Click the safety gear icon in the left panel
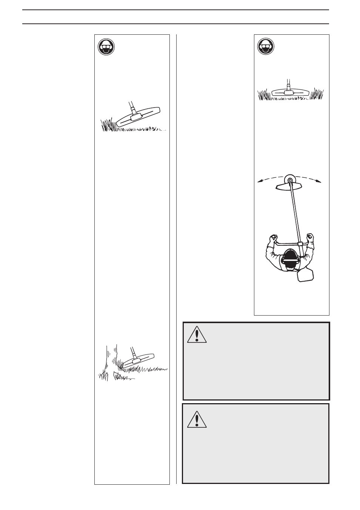pyautogui.click(x=106, y=47)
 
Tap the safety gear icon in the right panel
pyautogui.click(x=266, y=47)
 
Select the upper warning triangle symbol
pyautogui.click(x=197, y=335)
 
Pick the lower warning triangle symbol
pyautogui.click(x=197, y=419)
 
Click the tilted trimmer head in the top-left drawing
pyautogui.click(x=138, y=117)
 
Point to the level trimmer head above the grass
pyautogui.click(x=290, y=92)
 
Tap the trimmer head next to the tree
pyautogui.click(x=139, y=359)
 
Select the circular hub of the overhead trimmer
pyautogui.click(x=290, y=180)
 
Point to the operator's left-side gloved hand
pyautogui.click(x=272, y=238)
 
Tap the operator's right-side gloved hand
pyautogui.click(x=310, y=238)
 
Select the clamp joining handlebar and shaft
pyautogui.click(x=300, y=243)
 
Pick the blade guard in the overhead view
pyautogui.click(x=290, y=187)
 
